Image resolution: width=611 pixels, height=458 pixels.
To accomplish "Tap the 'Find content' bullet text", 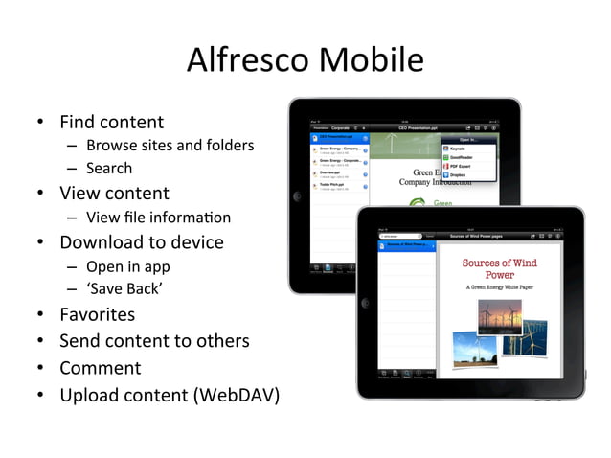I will pos(111,122).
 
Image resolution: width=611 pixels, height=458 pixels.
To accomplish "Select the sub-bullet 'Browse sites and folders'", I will pos(170,146).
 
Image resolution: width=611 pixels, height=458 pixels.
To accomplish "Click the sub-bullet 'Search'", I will pos(109,169).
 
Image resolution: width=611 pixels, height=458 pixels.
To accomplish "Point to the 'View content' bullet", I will pos(114,193).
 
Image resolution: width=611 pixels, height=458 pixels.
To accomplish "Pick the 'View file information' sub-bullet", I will pos(158,217).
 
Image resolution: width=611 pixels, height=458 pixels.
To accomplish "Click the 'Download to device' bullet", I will pos(141,241).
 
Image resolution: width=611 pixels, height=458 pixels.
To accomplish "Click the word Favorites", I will pos(97,314).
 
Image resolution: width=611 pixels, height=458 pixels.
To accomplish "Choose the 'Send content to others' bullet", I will pos(154,341).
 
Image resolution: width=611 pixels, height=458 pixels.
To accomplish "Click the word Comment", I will pos(100,368).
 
